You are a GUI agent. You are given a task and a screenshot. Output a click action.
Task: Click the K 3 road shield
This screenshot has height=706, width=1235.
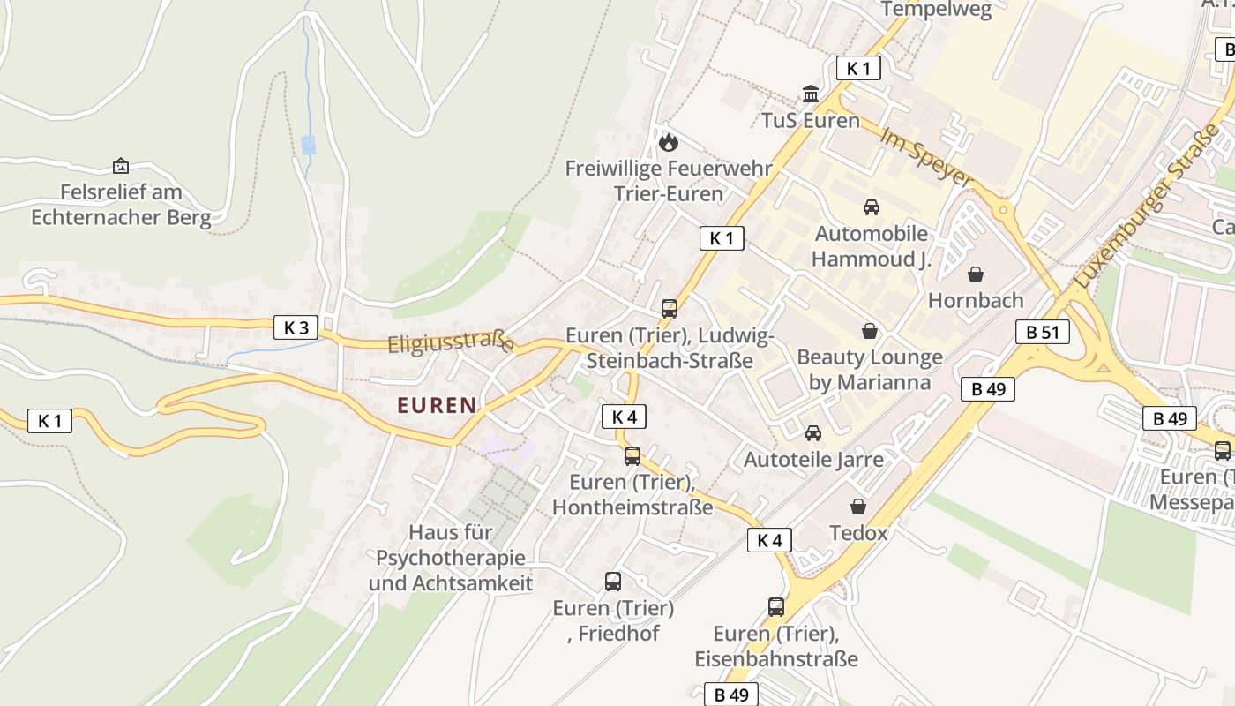296,327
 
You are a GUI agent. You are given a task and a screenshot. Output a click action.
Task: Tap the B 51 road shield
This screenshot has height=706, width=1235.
1043,332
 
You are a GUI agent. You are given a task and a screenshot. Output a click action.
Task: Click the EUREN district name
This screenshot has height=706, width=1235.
437,405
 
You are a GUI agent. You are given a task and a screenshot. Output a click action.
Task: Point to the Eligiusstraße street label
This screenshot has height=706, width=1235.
451,342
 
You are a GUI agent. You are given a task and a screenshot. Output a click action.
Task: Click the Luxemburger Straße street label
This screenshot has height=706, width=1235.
1146,206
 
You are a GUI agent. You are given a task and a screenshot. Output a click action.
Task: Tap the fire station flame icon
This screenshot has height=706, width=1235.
669,141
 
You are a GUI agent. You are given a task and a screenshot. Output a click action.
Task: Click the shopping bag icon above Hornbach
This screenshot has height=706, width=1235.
976,274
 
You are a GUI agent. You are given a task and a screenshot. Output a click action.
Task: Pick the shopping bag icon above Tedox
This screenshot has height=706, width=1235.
858,507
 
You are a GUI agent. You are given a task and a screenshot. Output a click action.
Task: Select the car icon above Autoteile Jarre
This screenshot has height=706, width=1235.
813,433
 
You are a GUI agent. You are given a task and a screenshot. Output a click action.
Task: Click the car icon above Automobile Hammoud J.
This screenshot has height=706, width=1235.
872,207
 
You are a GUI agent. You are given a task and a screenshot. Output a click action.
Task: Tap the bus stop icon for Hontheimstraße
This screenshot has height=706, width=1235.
632,456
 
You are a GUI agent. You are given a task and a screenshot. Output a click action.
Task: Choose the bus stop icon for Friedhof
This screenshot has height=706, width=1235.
613,582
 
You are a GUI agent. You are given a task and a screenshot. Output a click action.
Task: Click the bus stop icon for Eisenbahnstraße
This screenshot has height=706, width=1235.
776,607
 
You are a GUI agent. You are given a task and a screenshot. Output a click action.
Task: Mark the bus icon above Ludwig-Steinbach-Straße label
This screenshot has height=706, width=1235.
670,309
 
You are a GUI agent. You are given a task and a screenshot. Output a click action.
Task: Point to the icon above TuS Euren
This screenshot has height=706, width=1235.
810,94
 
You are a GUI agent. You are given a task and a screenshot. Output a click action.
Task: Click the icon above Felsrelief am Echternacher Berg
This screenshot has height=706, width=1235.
121,165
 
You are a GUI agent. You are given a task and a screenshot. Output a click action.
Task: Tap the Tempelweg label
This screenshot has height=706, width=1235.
937,10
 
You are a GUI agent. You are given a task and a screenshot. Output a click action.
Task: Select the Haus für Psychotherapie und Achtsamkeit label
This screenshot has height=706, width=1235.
451,558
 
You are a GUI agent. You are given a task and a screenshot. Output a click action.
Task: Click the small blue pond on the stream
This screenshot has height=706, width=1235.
308,145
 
